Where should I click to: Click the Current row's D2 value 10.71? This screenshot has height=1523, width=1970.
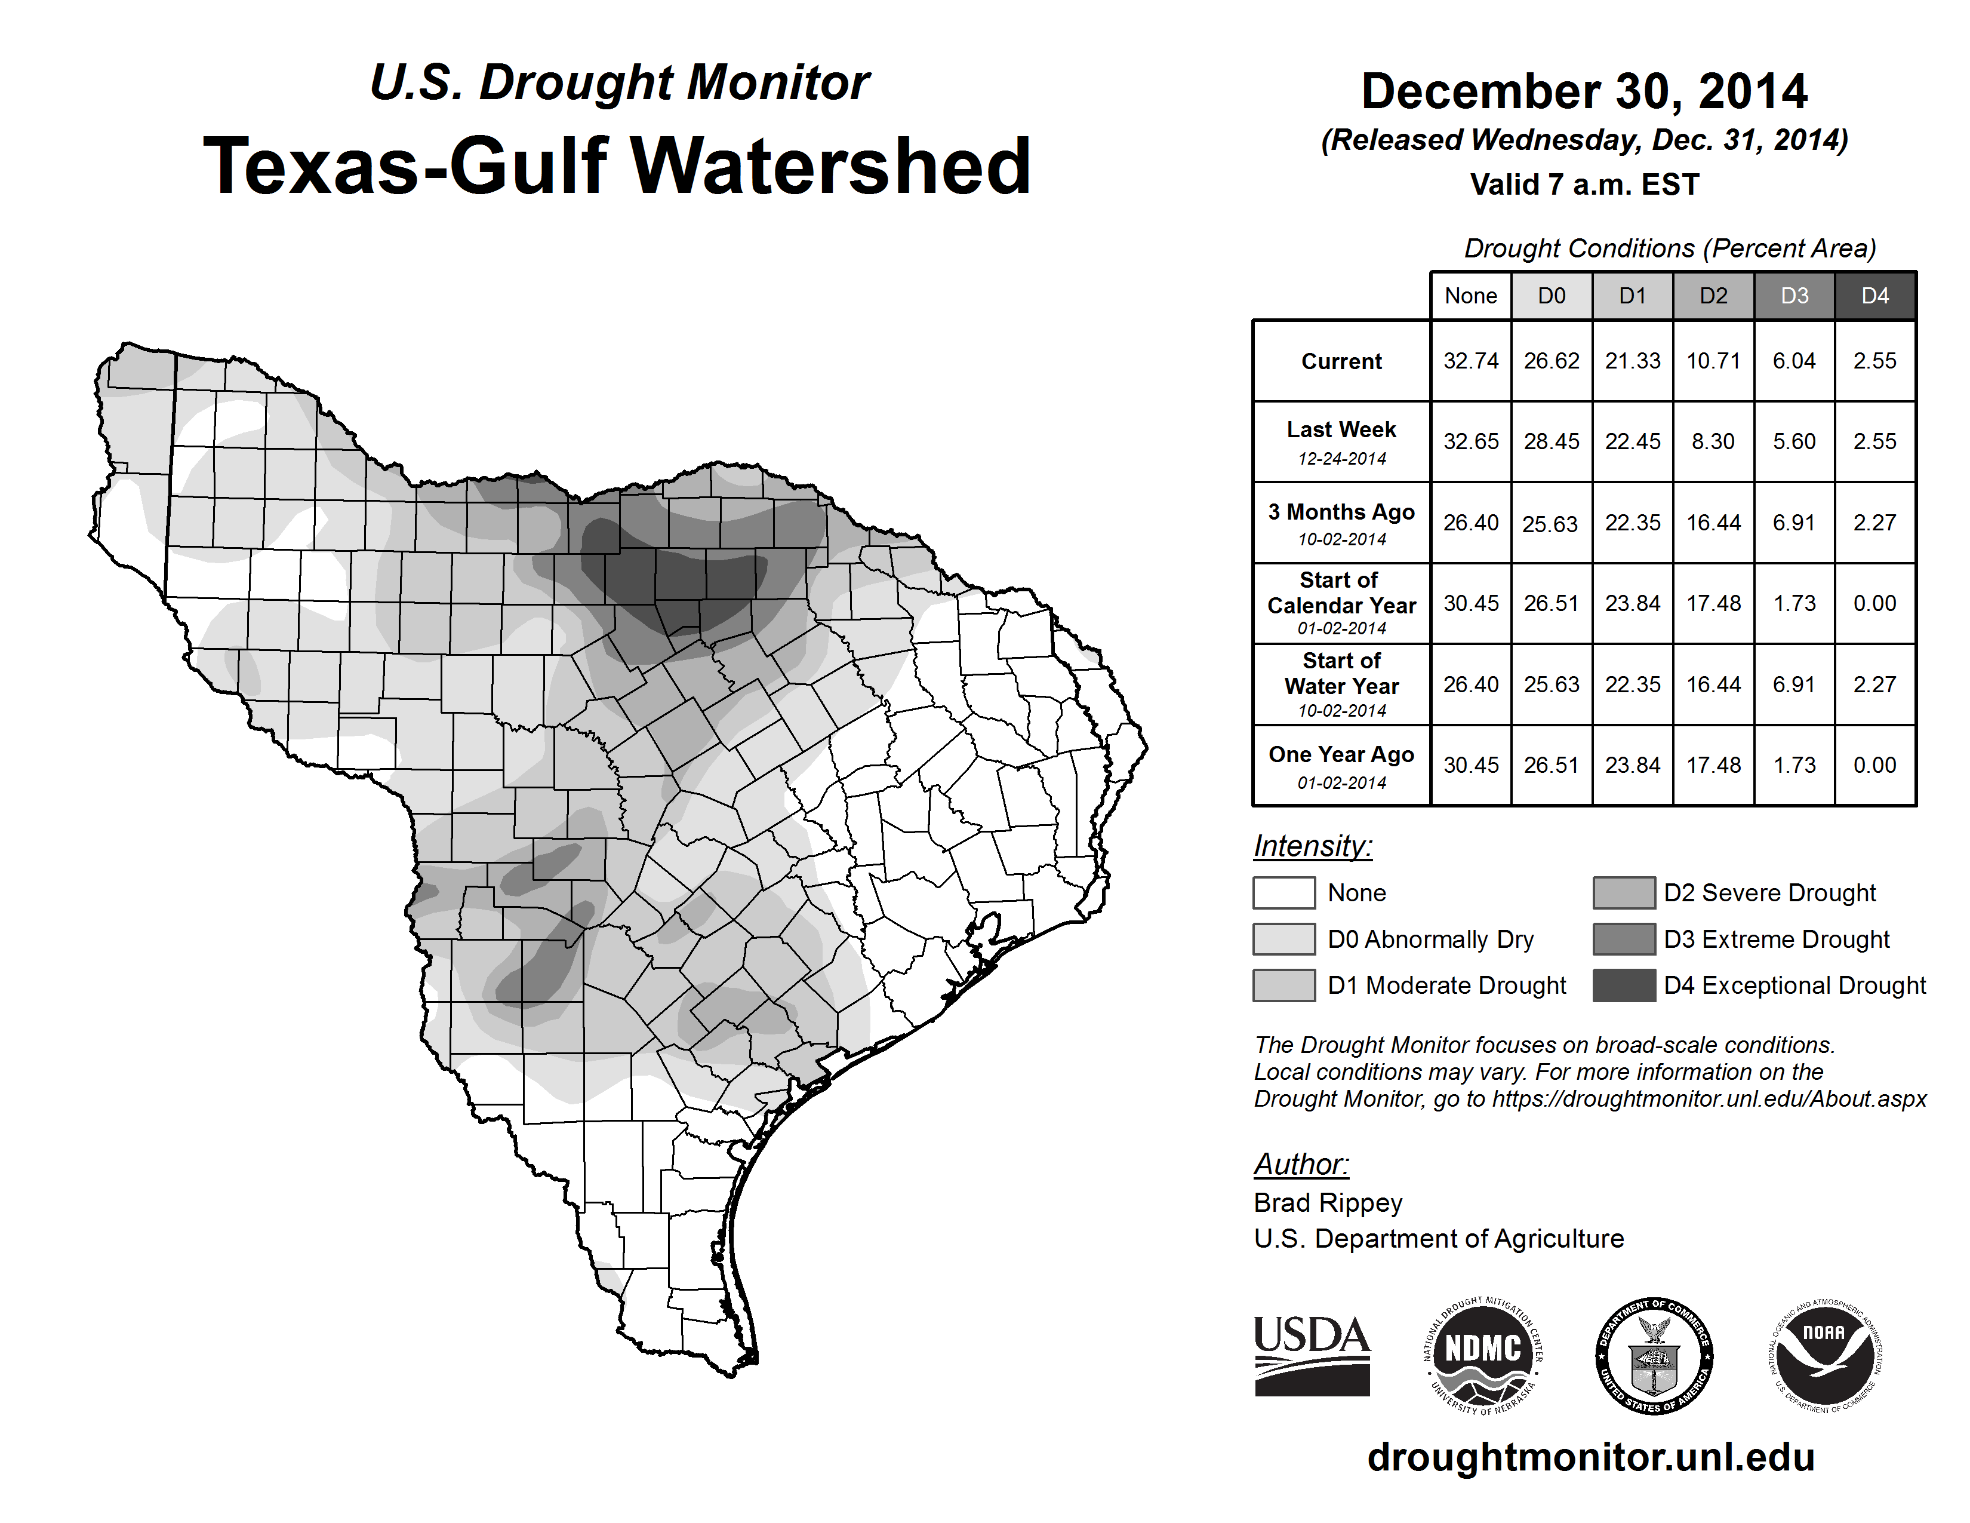[x=1713, y=361]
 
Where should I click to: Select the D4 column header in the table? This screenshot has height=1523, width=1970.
[x=1874, y=296]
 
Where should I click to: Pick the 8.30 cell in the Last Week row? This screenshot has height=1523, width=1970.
[x=1713, y=441]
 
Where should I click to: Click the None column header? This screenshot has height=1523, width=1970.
[x=1470, y=296]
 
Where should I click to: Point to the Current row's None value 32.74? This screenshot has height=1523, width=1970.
[x=1470, y=361]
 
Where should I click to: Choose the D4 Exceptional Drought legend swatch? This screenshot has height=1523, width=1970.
[x=1624, y=985]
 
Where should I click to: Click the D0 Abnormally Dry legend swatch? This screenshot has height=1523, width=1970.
[x=1283, y=939]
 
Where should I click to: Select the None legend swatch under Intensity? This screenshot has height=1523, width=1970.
[x=1283, y=892]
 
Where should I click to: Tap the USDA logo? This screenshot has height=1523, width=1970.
[x=1312, y=1355]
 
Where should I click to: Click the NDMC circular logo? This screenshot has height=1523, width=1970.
[x=1483, y=1355]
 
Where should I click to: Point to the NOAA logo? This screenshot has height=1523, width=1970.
[x=1824, y=1355]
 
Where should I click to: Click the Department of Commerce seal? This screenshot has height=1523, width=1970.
[x=1654, y=1355]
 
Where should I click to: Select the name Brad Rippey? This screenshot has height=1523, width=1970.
[x=1328, y=1203]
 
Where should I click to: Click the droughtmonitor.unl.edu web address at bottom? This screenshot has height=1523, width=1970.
[x=1591, y=1457]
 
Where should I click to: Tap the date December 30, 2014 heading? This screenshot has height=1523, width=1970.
[x=1584, y=91]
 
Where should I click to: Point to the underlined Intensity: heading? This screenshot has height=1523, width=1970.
[x=1312, y=846]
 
